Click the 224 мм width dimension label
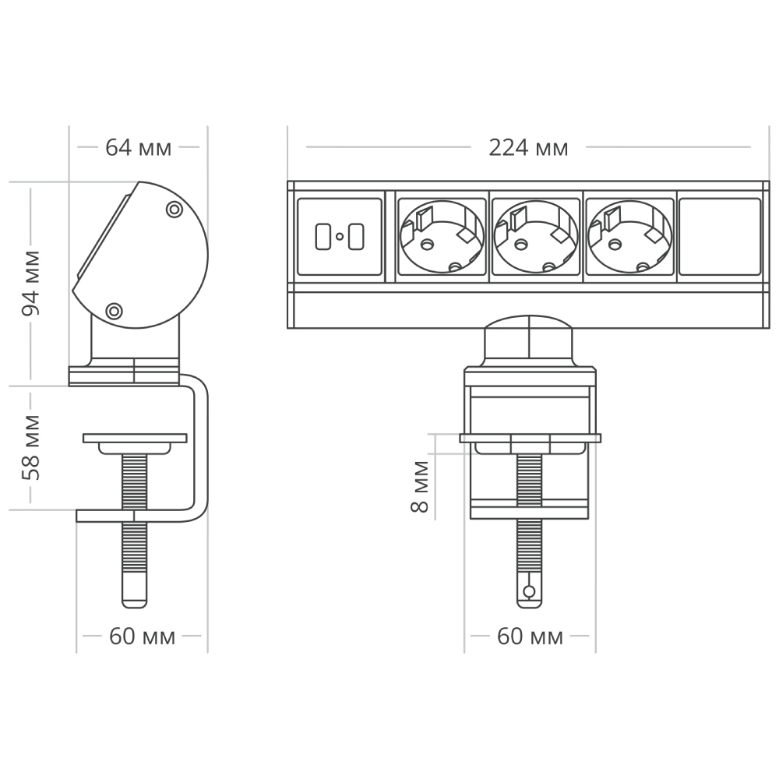point(528,147)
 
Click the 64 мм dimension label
point(139,147)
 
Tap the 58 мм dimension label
point(32,457)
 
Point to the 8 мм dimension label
point(420,486)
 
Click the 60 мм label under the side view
point(142,636)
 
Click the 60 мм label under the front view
point(530,636)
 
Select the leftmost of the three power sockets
point(442,237)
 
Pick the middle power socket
point(536,237)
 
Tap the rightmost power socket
point(629,237)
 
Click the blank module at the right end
point(720,237)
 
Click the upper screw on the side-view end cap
point(174,210)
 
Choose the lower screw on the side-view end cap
point(114,311)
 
